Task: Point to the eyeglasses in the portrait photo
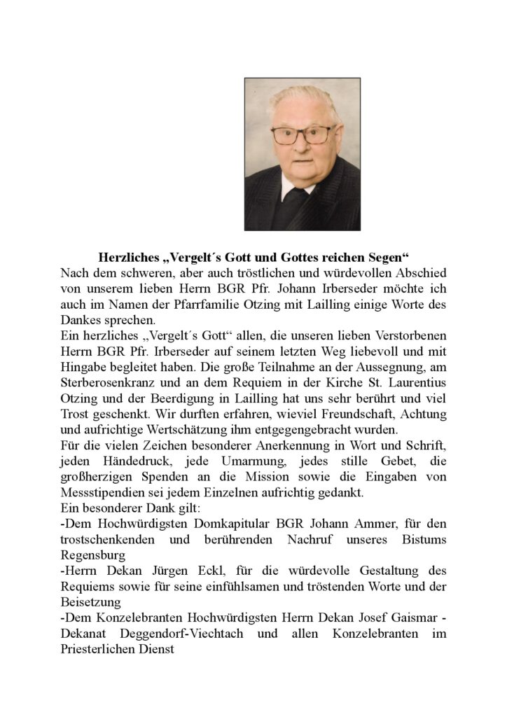click(x=303, y=134)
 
